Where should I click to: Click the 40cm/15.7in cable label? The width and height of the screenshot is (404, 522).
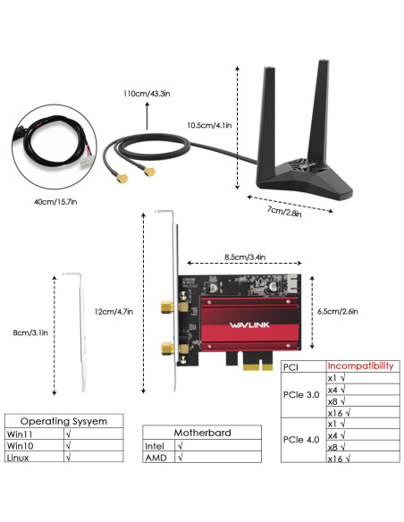click(56, 201)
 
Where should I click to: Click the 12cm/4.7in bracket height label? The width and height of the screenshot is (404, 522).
click(114, 311)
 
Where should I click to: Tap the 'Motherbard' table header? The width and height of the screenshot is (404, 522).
click(201, 432)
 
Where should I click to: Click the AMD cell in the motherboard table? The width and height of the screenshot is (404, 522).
click(156, 457)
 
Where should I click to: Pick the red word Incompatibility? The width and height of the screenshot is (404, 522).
click(360, 366)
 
